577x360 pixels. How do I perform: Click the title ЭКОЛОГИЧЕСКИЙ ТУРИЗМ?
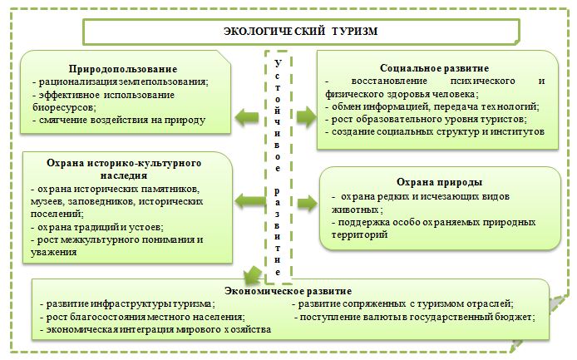[x=301, y=31]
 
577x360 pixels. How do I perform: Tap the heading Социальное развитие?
[x=433, y=67]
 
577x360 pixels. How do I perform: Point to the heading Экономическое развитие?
[x=288, y=292]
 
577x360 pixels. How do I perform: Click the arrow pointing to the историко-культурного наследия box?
[x=246, y=200]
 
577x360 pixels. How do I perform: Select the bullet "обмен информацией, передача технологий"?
[x=434, y=107]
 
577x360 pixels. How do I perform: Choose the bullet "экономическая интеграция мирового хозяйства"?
[x=155, y=329]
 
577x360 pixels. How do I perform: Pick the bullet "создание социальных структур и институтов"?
[x=436, y=131]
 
